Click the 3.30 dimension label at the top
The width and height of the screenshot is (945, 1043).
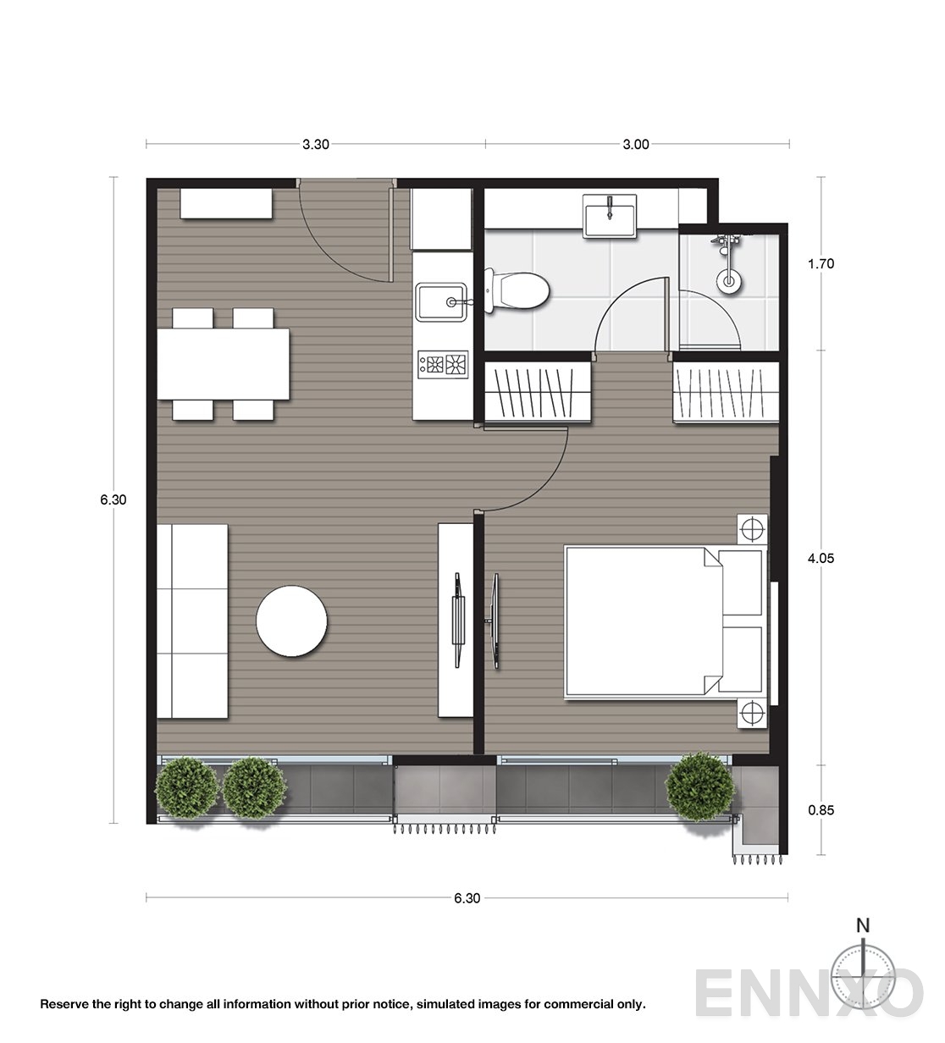[316, 144]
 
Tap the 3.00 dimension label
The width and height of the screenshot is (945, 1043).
[636, 144]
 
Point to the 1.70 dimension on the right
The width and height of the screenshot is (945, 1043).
[821, 264]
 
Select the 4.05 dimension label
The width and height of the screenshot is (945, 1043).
[821, 559]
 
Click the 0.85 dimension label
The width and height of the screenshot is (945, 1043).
[821, 810]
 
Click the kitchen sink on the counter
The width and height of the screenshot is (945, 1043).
[440, 301]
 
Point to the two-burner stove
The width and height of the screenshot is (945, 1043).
[443, 365]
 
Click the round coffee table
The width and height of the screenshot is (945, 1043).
[292, 621]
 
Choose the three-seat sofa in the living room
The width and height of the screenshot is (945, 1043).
[192, 621]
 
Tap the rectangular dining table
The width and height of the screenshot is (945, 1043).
[224, 365]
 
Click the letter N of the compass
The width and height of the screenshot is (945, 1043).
[863, 925]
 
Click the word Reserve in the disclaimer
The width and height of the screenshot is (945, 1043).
[64, 1005]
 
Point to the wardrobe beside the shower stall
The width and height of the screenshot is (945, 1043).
[725, 391]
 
